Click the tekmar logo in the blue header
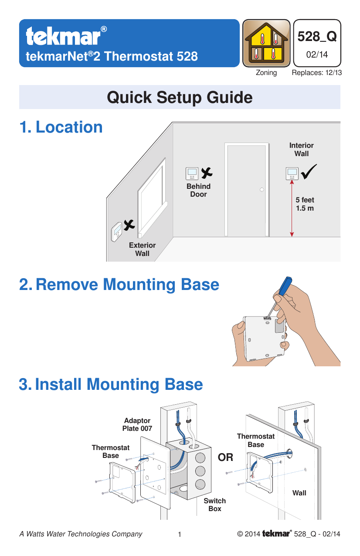(65, 36)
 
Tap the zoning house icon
(266, 43)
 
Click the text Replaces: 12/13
(316, 73)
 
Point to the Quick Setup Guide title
(180, 97)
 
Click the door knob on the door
(261, 190)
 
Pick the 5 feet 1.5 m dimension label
(305, 204)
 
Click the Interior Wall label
(301, 150)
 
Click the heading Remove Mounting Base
(119, 285)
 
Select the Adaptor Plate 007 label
(137, 425)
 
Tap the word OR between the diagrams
(225, 458)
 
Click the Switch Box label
(214, 505)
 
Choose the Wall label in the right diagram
(299, 493)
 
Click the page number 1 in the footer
(180, 535)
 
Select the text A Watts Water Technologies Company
(81, 534)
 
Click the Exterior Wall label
(142, 249)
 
